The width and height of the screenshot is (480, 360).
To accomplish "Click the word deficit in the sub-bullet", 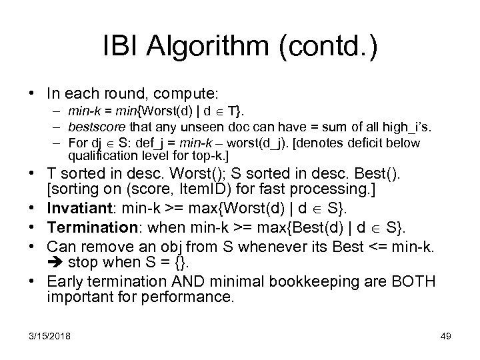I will pos(367,143).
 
